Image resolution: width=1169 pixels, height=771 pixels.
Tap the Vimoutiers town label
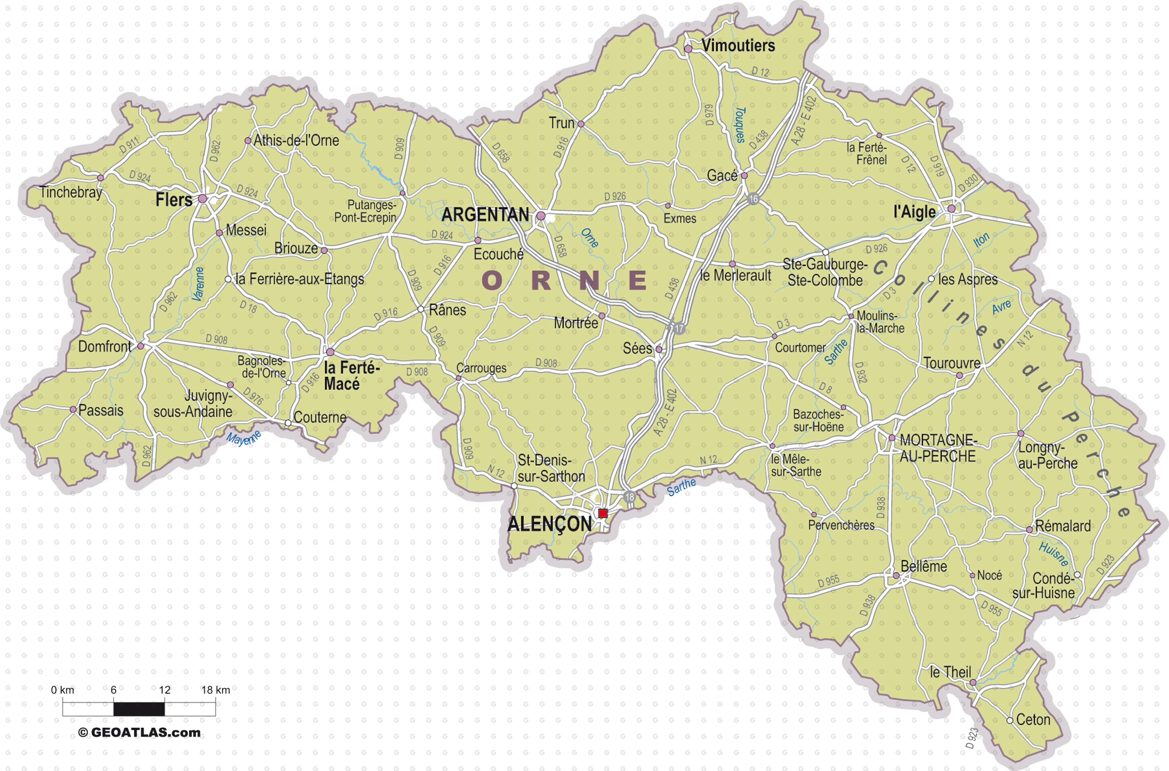point(738,46)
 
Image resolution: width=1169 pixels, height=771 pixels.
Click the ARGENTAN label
point(485,215)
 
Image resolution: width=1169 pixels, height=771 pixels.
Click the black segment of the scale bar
point(139,709)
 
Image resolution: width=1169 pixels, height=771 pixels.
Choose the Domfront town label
point(105,347)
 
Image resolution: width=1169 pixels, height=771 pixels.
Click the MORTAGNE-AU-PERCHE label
point(938,448)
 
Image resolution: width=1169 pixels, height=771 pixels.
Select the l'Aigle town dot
point(951,208)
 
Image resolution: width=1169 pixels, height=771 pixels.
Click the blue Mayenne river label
point(243,438)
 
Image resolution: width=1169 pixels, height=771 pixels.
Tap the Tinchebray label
point(71,192)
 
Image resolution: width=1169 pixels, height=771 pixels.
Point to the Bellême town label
point(924,566)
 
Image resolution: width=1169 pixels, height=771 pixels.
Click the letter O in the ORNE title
point(492,281)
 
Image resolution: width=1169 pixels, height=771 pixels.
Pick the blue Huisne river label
point(1053,554)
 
